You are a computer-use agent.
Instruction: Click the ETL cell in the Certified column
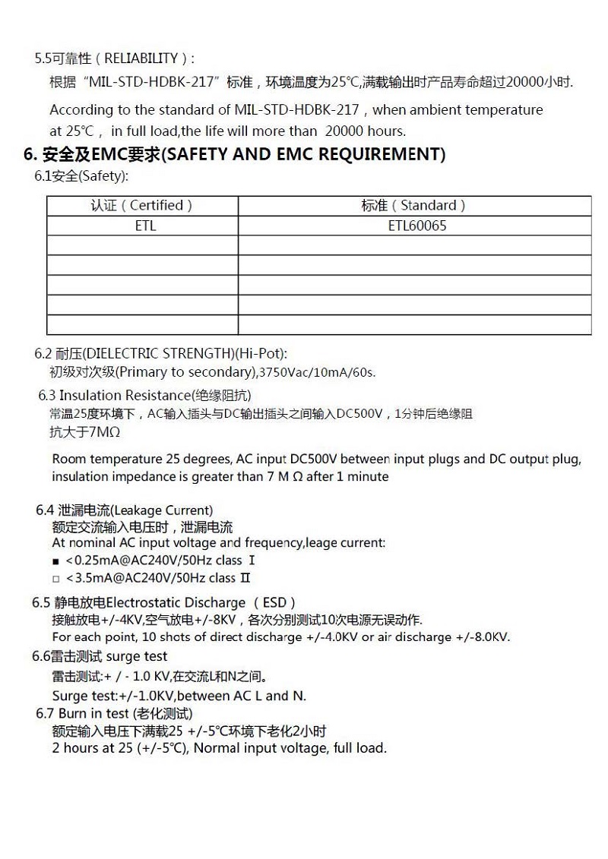[144, 226]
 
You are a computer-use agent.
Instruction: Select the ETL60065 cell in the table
[416, 226]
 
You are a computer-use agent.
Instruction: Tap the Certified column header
[142, 206]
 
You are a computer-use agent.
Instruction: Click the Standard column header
[414, 206]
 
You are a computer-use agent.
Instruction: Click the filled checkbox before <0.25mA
[55, 561]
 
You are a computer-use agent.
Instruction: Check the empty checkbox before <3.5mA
[55, 579]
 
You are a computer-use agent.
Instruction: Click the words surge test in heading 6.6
[137, 656]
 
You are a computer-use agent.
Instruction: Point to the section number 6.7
[45, 714]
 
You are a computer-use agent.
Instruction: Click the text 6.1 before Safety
[43, 176]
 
